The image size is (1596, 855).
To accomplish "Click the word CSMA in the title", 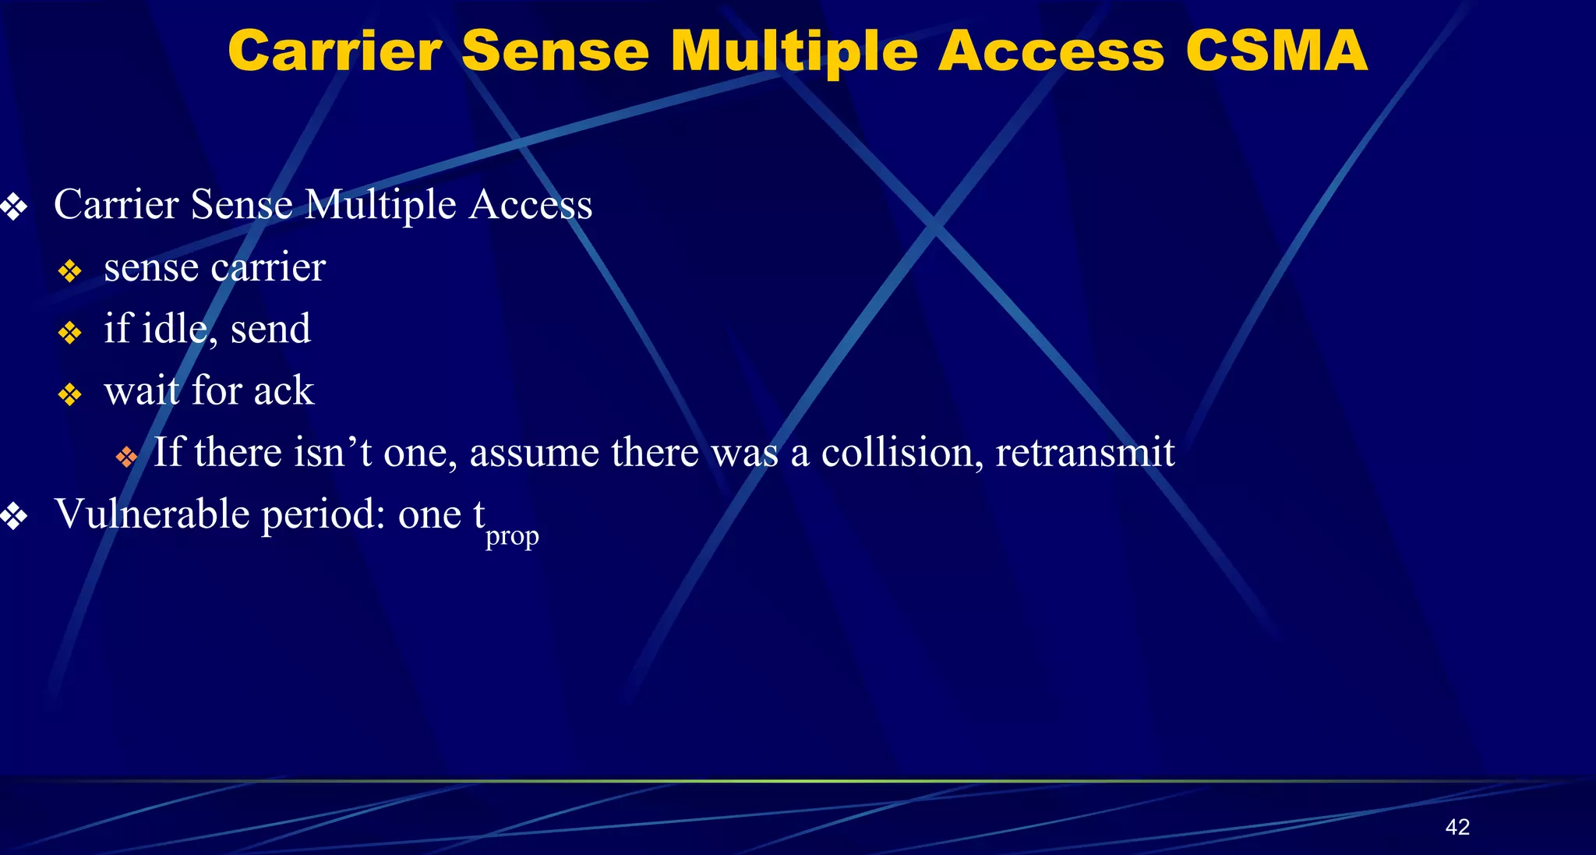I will click(1276, 51).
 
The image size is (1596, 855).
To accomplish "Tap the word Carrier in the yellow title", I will click(335, 51).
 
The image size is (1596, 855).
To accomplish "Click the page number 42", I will click(1457, 827).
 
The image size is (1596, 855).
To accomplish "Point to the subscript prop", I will click(512, 536).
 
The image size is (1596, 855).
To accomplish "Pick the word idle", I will click(175, 328).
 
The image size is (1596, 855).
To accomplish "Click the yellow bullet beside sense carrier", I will click(70, 270).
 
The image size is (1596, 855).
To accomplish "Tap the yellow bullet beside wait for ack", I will click(70, 394).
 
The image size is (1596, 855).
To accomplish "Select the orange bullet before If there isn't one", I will click(126, 457).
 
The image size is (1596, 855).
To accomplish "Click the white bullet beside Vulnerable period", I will click(14, 516).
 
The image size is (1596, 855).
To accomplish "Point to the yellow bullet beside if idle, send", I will click(70, 333).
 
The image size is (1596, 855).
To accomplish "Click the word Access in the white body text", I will click(531, 205).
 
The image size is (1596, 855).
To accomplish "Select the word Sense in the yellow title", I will click(555, 51).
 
